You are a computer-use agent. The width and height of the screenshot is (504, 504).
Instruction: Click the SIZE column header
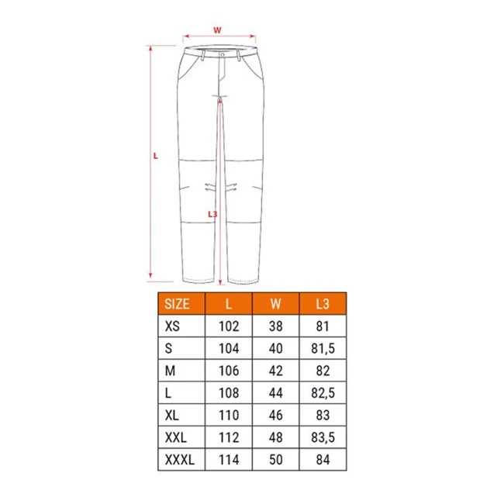pyautogui.click(x=177, y=304)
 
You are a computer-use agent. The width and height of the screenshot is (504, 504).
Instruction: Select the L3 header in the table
pyautogui.click(x=323, y=304)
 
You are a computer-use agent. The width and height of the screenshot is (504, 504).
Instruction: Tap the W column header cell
pyautogui.click(x=276, y=304)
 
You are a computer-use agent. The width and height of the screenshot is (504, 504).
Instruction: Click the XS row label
pyautogui.click(x=172, y=326)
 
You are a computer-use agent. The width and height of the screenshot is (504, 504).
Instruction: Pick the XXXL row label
pyautogui.click(x=180, y=460)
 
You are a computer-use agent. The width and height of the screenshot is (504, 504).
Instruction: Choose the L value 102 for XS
pyautogui.click(x=229, y=326)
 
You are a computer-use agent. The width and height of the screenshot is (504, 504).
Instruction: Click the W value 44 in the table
pyautogui.click(x=276, y=393)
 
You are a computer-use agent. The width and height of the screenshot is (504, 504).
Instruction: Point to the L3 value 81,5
pyautogui.click(x=323, y=348)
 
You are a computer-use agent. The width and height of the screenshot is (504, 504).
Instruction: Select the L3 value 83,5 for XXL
pyautogui.click(x=323, y=437)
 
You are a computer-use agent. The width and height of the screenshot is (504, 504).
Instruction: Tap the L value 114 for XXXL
pyautogui.click(x=229, y=460)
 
